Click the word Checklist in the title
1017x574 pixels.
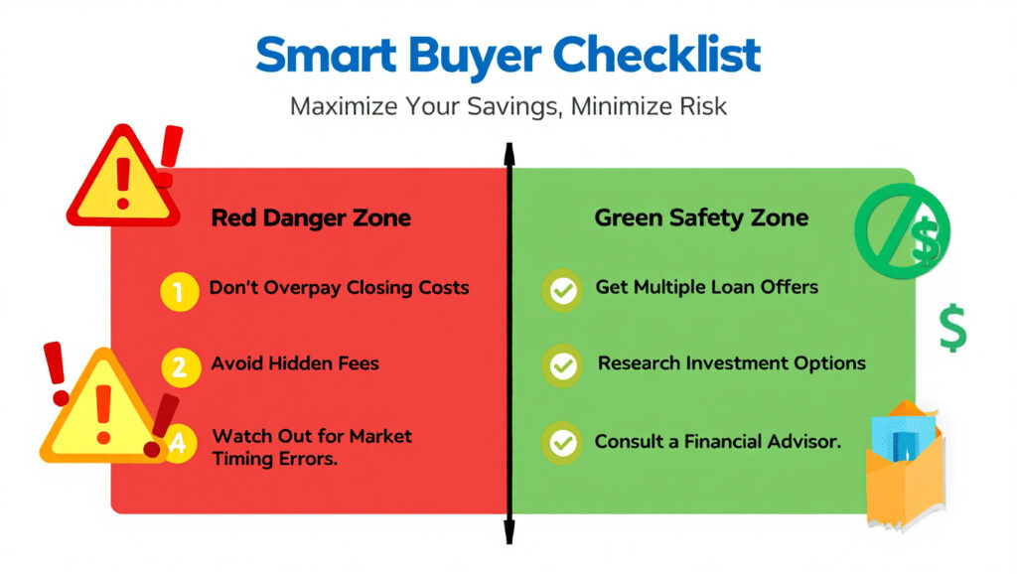656,55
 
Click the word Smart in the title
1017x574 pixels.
326,55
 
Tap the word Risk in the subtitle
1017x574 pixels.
703,106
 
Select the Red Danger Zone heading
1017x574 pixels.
311,217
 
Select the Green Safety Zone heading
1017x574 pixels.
701,217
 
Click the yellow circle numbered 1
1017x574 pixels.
180,292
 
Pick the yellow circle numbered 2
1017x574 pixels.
181,367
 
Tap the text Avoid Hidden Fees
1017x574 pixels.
295,363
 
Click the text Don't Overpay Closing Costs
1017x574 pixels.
339,287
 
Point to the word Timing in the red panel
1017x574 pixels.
242,459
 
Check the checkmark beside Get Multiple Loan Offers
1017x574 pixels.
562,290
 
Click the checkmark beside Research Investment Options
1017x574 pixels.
562,366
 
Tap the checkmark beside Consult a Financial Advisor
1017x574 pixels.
562,443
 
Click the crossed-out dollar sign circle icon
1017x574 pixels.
902,231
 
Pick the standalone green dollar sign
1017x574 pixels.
952,328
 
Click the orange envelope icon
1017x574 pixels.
906,465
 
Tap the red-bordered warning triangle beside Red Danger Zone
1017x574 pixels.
122,178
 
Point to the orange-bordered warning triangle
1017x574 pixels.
102,408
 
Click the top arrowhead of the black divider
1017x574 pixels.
509,154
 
